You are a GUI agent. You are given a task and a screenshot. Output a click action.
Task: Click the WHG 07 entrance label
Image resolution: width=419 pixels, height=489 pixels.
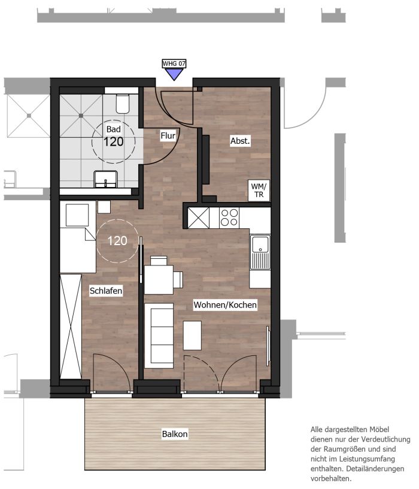174,64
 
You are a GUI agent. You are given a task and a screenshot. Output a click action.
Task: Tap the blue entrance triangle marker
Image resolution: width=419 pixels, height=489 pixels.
174,74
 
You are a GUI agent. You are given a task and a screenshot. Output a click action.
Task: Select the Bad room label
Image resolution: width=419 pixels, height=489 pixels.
113,129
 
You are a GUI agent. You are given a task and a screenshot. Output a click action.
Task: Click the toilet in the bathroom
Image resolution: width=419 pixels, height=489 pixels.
123,104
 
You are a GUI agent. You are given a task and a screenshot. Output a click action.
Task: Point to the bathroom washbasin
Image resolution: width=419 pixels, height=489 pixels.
105,179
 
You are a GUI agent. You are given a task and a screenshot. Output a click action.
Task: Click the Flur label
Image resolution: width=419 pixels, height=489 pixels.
168,135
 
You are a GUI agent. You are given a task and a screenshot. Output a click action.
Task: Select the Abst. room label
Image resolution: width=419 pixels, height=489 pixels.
240,141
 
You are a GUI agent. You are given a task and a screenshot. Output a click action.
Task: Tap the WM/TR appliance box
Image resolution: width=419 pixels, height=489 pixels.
259,190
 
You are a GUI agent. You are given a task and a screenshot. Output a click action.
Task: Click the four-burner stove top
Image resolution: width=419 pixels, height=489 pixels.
229,218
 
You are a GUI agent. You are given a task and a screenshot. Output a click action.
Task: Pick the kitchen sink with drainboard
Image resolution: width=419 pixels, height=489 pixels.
260,252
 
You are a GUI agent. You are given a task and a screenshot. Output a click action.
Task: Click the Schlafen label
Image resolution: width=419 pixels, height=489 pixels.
106,291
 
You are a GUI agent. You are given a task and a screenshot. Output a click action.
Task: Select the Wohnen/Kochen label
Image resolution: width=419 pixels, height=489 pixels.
225,304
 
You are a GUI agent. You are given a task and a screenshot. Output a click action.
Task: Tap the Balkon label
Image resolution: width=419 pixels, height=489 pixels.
175,434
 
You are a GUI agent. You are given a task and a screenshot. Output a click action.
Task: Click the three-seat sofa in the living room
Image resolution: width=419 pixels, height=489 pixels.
159,336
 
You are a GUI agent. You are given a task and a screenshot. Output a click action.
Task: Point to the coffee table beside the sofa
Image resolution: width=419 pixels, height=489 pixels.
192,336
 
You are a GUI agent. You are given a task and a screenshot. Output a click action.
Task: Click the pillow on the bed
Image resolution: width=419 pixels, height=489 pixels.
77,215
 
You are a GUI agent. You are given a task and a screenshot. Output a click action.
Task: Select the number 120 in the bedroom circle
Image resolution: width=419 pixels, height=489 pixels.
117,241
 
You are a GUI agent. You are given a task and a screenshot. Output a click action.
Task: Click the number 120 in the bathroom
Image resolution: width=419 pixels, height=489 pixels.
113,142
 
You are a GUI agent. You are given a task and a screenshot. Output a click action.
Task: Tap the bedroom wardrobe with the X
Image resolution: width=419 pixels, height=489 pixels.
71,327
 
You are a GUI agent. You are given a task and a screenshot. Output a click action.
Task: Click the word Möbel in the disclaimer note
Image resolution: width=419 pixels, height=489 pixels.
378,430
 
